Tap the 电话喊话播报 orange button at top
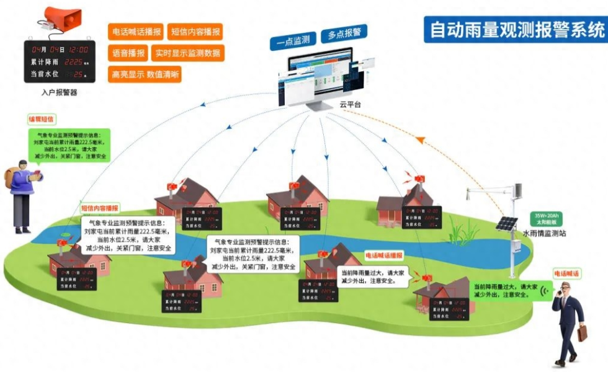coord(135,32)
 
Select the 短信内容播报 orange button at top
coord(195,32)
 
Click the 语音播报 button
coord(128,53)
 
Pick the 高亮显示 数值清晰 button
coord(145,74)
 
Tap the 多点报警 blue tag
coord(345,33)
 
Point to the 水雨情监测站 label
coord(544,234)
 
